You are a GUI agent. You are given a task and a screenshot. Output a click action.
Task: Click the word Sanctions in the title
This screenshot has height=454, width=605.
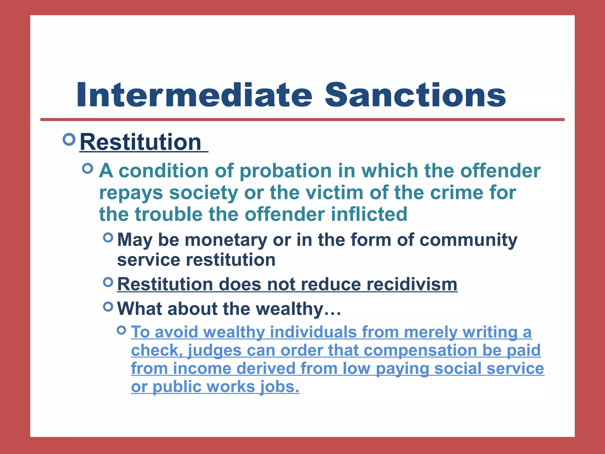(415, 95)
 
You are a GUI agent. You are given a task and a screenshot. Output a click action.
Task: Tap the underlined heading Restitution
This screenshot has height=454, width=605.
(141, 142)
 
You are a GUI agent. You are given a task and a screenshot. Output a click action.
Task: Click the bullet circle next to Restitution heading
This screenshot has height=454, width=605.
(69, 139)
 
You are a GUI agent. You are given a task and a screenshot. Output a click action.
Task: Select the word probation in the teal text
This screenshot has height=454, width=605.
(285, 171)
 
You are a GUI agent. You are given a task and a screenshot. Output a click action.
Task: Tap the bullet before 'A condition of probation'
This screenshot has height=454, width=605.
(88, 168)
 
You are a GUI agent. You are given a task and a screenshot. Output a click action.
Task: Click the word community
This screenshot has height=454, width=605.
(468, 240)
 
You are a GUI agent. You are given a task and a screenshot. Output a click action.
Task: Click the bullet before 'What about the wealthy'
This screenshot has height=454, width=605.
(108, 307)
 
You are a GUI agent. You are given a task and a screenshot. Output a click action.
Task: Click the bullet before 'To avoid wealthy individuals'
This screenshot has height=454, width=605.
(121, 330)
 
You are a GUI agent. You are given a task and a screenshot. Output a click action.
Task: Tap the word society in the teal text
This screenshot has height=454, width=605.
(203, 193)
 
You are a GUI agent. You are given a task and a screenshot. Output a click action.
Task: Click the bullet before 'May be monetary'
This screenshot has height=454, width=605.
(108, 237)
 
